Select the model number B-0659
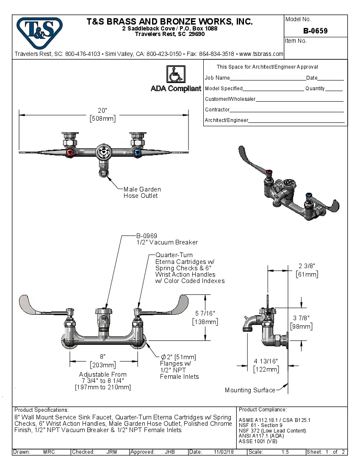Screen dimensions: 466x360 coord(315,31)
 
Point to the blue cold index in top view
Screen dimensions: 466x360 coord(136,153)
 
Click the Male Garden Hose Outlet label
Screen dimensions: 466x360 coord(142,192)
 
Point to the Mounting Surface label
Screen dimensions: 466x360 coord(249,390)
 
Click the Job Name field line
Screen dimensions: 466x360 coord(268,79)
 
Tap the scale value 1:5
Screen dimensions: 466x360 coord(285,452)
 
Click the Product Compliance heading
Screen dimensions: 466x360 coord(263,410)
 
